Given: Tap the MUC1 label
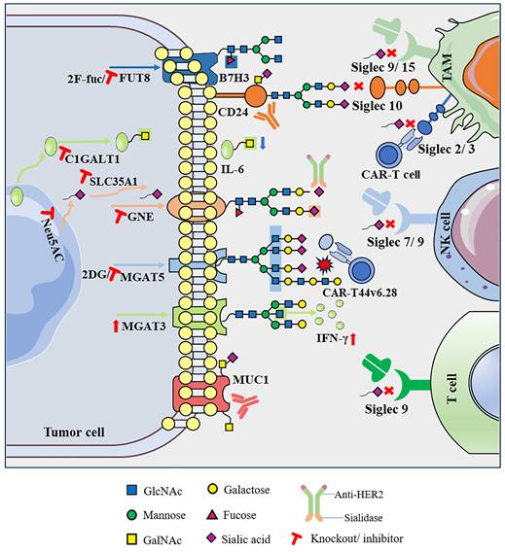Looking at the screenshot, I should (250, 368).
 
